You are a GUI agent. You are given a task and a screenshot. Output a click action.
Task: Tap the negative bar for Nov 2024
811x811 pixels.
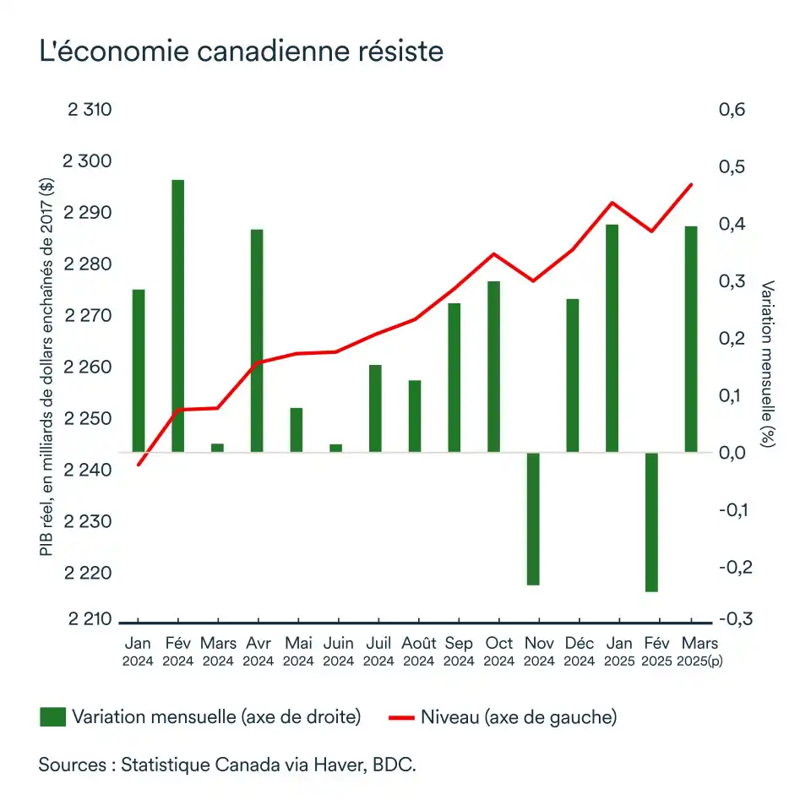tap(533, 518)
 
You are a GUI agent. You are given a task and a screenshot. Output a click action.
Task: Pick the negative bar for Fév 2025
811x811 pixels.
tap(651, 521)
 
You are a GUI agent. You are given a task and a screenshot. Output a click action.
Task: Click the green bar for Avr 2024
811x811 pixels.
tap(257, 340)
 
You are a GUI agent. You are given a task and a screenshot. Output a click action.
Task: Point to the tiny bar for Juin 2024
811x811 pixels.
tap(336, 448)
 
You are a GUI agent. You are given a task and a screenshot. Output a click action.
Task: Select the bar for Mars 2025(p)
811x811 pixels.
tap(691, 339)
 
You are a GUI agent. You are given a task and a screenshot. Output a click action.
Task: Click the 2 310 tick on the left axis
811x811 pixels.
tap(89, 110)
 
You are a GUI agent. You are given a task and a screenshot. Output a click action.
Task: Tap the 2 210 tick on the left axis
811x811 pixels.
tap(89, 619)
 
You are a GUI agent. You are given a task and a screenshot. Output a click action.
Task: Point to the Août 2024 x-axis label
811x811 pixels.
tap(419, 651)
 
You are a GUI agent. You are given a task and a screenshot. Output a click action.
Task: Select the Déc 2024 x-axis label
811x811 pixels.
tap(579, 651)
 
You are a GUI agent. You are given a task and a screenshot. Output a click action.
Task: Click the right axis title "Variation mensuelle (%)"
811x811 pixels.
tap(767, 364)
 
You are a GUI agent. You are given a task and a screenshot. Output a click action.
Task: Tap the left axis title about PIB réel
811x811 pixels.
tap(46, 364)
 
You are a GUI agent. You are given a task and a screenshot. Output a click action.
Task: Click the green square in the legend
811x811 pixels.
tap(52, 717)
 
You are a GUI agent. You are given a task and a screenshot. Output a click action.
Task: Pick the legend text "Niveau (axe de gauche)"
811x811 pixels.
tap(518, 717)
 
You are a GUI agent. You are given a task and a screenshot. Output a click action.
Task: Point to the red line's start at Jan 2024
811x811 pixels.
tap(139, 465)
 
